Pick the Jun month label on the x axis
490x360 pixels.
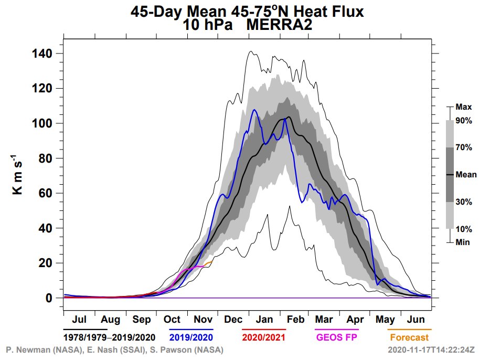pos(416,319)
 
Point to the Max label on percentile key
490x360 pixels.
pos(464,107)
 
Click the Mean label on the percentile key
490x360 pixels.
pos(466,175)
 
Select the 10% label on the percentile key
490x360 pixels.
pos(464,229)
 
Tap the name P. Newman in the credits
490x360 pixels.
pos(26,350)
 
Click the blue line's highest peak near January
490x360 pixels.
pos(254,110)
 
